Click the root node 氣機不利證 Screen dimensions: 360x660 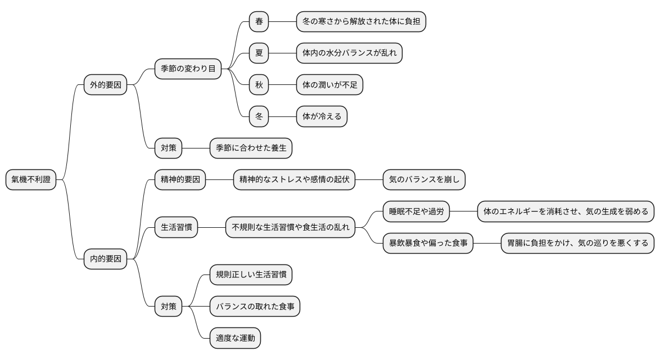point(31,180)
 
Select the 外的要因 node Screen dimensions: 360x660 point(105,85)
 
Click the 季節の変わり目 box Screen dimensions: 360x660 point(188,69)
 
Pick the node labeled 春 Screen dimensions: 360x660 point(259,22)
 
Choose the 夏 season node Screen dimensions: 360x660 point(259,53)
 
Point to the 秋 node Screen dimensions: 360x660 point(259,85)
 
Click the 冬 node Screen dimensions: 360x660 point(259,117)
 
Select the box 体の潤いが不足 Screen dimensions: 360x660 point(329,85)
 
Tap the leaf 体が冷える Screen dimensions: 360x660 point(322,117)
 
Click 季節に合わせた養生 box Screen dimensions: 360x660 point(251,148)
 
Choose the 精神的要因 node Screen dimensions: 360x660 point(180,180)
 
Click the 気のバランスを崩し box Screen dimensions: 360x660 point(424,180)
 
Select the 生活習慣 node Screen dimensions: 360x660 point(176,228)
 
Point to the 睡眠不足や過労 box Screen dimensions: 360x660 point(416,212)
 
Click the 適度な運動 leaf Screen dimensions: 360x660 point(236,339)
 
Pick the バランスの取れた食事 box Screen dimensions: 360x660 point(255,307)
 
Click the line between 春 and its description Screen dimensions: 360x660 point(283,22)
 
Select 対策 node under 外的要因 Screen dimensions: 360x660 point(169,148)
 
